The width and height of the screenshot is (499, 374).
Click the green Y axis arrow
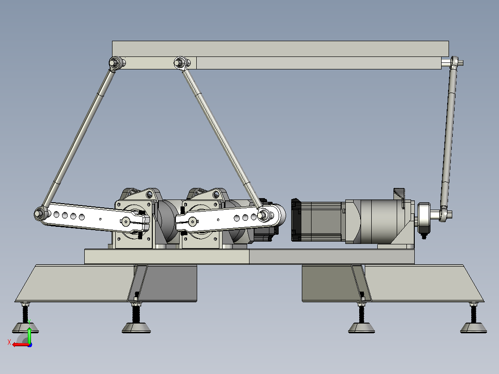coord(29,333)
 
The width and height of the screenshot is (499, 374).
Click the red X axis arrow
coord(20,345)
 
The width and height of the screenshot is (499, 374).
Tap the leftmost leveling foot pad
coord(25,328)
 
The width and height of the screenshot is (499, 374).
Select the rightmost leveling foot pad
coord(473,328)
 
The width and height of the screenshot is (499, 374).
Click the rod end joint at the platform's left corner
coord(115,62)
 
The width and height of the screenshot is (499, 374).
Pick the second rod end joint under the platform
coord(180,62)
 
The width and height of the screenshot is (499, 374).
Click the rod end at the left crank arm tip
coord(40,213)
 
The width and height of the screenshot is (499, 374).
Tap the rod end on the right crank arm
coord(263,215)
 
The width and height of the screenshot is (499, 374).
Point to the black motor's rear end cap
coord(296,220)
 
